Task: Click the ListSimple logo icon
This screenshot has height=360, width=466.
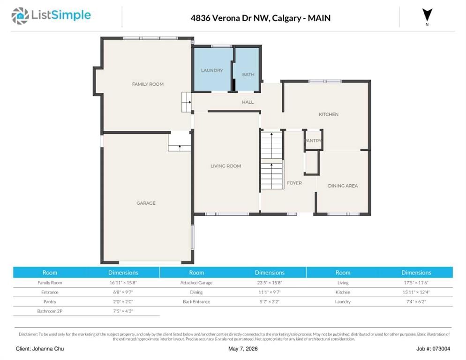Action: point(20,16)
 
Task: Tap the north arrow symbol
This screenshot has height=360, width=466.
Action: point(427,15)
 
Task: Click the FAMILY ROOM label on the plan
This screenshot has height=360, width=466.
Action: point(148,84)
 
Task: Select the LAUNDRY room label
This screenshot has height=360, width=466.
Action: point(212,70)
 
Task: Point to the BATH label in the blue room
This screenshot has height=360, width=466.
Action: point(248,75)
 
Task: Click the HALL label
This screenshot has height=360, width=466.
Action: point(248,102)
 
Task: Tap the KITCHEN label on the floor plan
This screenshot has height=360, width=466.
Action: point(329,114)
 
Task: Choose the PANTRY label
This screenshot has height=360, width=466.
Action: point(314,141)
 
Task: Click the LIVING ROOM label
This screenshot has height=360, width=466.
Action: point(226,166)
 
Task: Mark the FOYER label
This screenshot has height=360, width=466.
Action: point(294,183)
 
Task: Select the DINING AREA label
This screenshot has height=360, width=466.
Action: point(343,186)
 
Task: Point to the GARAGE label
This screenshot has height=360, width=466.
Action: point(146,203)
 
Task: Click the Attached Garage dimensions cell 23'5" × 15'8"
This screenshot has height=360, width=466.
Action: point(270,283)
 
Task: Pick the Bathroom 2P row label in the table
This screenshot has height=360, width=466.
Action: point(50,311)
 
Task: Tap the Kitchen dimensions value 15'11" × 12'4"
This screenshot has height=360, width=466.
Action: point(416,292)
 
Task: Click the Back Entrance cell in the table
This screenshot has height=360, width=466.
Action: point(196,302)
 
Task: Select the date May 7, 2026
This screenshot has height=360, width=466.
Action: point(243,349)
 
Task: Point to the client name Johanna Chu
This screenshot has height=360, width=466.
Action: point(48,349)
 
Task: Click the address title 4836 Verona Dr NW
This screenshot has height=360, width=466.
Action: point(230,18)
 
